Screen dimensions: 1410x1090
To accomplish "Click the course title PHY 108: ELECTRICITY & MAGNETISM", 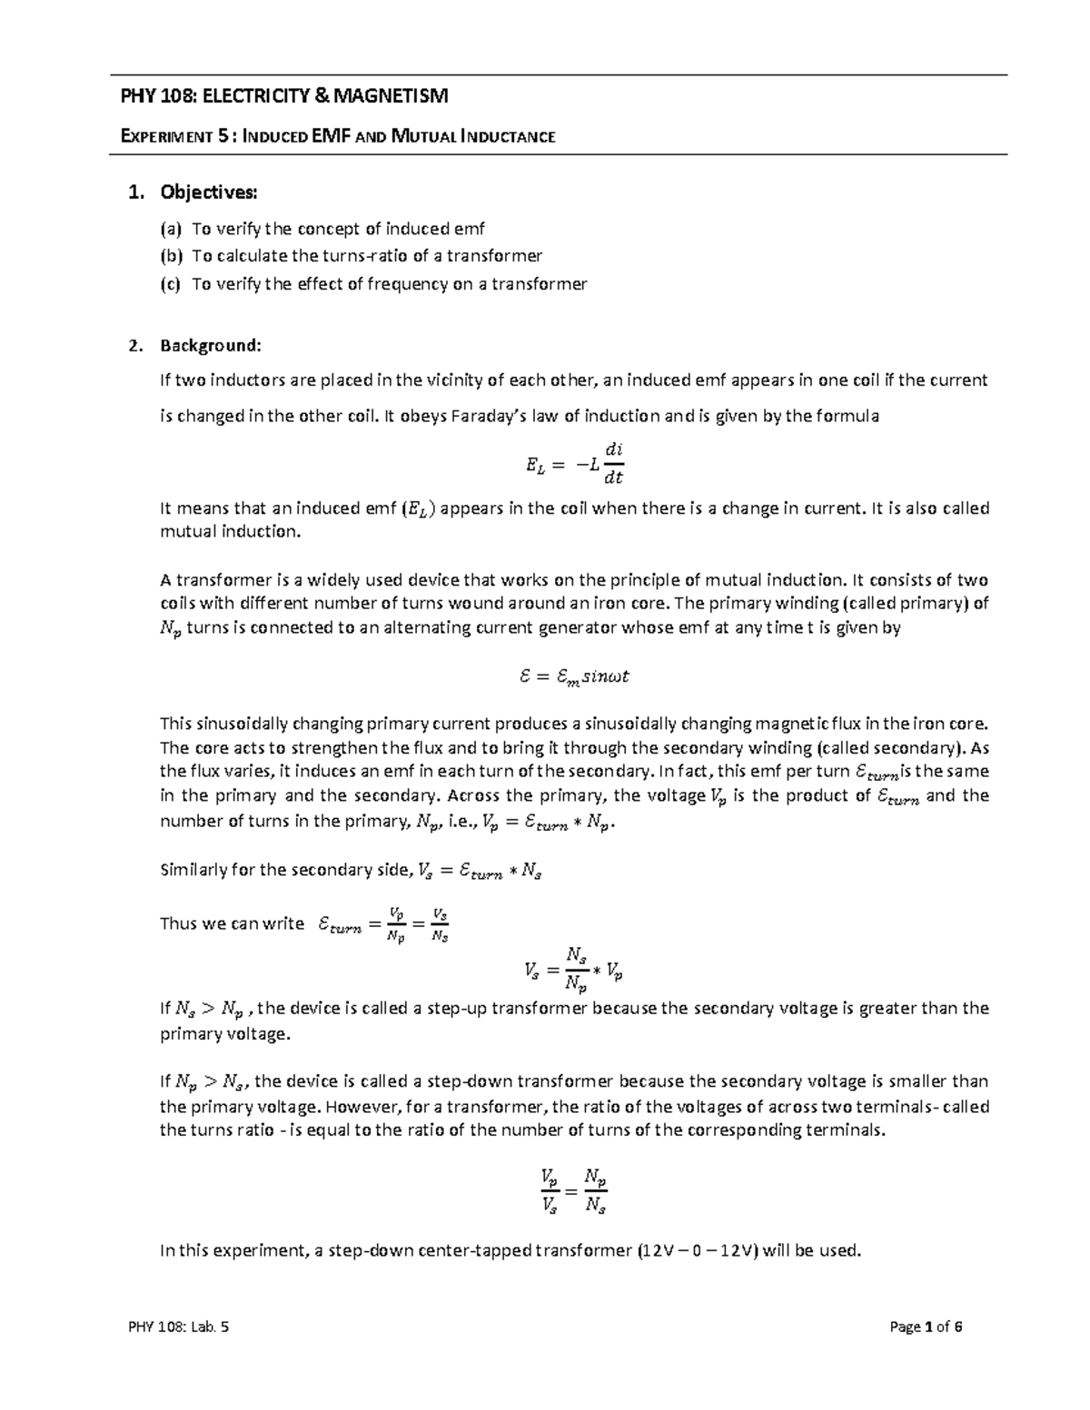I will (x=285, y=95).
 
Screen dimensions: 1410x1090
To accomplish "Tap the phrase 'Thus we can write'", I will (x=232, y=923).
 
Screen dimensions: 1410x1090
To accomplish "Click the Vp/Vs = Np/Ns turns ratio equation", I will (x=572, y=1190).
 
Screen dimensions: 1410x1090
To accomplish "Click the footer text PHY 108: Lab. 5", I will (x=178, y=1326).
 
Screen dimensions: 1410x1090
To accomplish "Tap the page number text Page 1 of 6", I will (x=926, y=1326).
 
